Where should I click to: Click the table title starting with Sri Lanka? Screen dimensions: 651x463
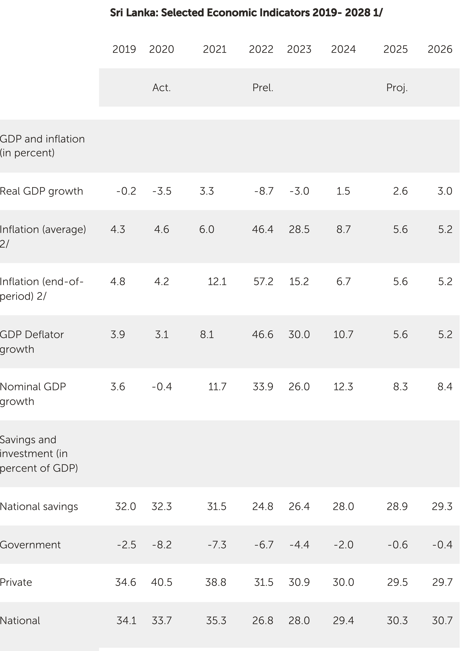[x=246, y=13]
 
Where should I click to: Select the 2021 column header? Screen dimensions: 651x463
[x=215, y=49]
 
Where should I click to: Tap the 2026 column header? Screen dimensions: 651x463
[x=440, y=49]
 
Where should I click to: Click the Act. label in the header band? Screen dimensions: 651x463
[x=162, y=88]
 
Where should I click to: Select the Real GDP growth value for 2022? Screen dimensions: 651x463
[x=264, y=191]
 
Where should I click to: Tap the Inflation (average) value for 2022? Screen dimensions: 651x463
[x=263, y=229]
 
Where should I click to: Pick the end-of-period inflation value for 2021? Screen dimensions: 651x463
[x=217, y=282]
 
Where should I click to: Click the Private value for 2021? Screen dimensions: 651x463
[x=216, y=582]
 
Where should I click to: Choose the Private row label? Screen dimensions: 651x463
[x=16, y=582]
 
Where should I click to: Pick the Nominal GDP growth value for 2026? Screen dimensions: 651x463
[x=445, y=387]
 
